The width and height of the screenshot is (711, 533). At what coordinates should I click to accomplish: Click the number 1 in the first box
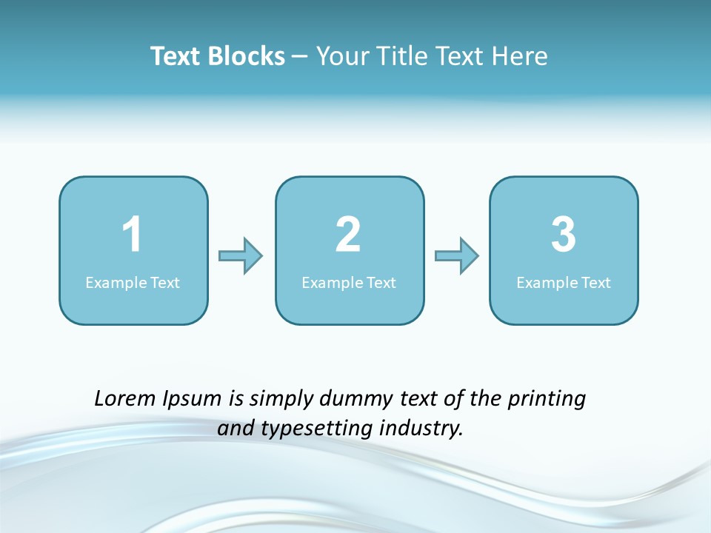coord(132,235)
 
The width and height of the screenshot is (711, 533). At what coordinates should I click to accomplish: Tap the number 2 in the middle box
coord(348,235)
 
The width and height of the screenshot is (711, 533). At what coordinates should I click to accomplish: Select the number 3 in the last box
coord(564,235)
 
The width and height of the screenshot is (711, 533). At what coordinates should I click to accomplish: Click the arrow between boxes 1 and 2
coord(241,256)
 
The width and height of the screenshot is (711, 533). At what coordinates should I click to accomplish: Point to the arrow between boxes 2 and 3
coord(457,256)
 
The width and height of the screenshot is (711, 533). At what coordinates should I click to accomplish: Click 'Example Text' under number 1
coord(133,282)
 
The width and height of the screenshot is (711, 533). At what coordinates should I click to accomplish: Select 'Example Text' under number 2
coord(349,282)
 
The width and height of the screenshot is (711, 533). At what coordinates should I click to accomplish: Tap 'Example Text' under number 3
coord(564,282)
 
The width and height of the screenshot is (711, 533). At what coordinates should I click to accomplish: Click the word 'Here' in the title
coord(520,56)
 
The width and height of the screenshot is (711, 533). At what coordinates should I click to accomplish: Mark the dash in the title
coord(301,56)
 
